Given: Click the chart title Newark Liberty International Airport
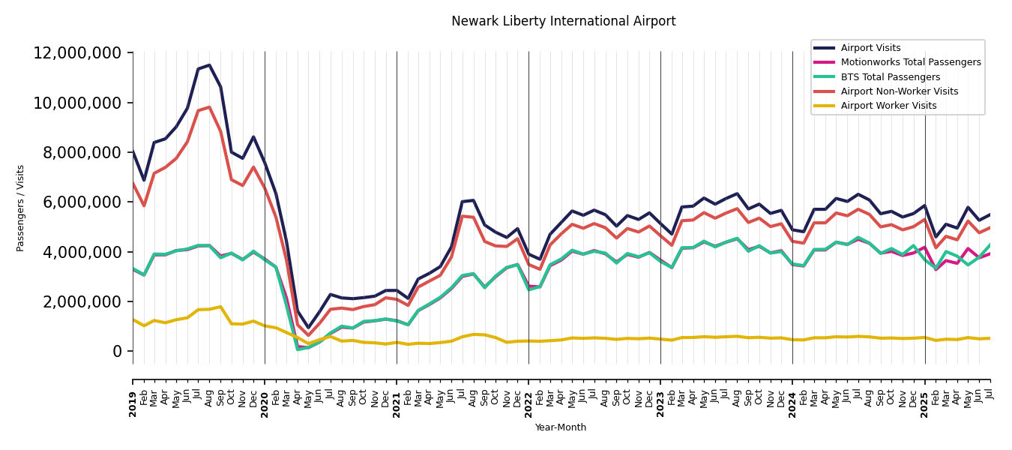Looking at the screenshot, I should pos(563,22).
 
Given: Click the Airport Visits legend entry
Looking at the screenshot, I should pos(870,48).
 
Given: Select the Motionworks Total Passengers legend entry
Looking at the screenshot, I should pos(910,62).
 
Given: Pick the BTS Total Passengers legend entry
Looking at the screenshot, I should pos(890,77).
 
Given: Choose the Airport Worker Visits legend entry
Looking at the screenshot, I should pos(888,106).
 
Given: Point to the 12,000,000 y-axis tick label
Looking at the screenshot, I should pos(77,53).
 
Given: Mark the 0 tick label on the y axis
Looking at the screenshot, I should pos(118,352).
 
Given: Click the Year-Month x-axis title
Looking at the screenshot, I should pos(561,427).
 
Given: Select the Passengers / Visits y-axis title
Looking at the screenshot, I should pos(21,208).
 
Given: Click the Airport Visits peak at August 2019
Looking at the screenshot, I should pos(209,65).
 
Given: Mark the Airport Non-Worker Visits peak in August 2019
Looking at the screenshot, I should pos(209,107).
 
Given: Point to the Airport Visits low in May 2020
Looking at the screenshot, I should pos(308,328).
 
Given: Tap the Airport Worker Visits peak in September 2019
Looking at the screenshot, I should pos(220,307).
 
